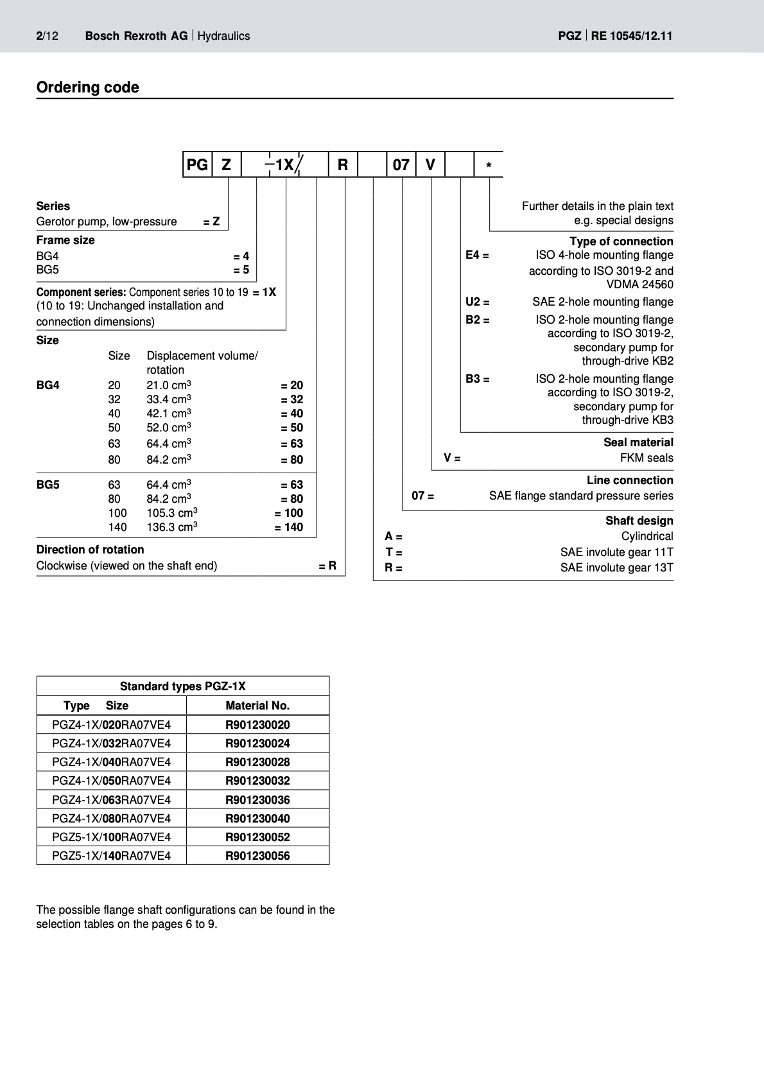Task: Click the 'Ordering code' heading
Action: [x=87, y=87]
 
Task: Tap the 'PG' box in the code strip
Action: [x=197, y=165]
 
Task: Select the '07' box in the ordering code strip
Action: [x=401, y=165]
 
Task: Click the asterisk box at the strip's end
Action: [x=489, y=166]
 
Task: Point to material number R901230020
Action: [x=257, y=725]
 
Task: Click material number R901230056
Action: [x=257, y=855]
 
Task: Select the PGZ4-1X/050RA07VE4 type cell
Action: [x=112, y=781]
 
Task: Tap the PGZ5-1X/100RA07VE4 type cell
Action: [x=112, y=837]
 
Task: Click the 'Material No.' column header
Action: [x=257, y=706]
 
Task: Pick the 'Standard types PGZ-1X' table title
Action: [x=182, y=686]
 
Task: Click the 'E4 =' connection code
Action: [x=477, y=256]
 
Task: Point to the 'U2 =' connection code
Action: [x=478, y=302]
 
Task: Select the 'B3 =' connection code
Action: [x=478, y=379]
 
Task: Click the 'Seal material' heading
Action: [x=638, y=442]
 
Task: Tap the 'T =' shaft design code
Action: [x=394, y=552]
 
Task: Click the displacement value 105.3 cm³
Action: [x=171, y=513]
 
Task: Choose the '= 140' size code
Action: [x=289, y=527]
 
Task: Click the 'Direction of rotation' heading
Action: [x=90, y=550]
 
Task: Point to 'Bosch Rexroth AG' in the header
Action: [x=136, y=36]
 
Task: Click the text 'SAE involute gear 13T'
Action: [x=616, y=568]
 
